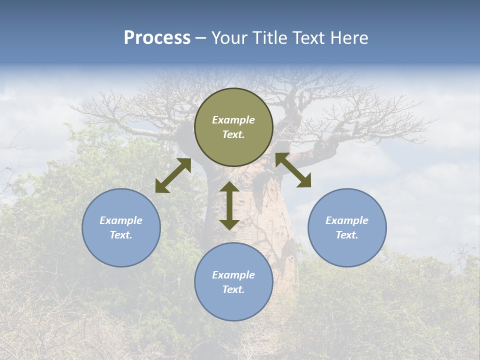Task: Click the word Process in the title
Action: coord(157,38)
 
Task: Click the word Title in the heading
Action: coord(267,38)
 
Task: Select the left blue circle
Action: coord(121,227)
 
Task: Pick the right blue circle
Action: coord(347,227)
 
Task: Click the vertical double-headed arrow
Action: coord(229,205)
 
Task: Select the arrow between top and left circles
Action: coord(173,175)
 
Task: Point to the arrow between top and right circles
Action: coord(293,170)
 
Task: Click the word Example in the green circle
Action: coord(233,120)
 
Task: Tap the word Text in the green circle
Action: coord(233,134)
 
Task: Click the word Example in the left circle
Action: coord(121,220)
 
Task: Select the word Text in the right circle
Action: coord(347,235)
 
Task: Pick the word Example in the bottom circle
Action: coord(233,275)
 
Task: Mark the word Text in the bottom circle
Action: coord(233,289)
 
